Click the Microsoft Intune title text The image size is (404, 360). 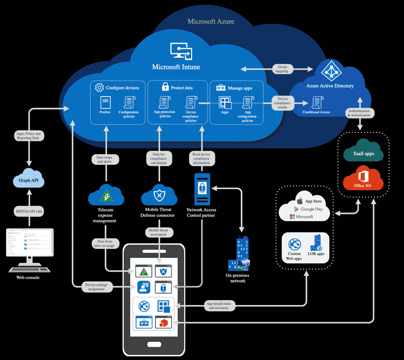pyautogui.click(x=176, y=67)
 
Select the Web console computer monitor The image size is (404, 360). pyautogui.click(x=29, y=243)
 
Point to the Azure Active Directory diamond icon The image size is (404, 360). pyautogui.click(x=330, y=71)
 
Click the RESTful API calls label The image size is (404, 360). pyautogui.click(x=29, y=211)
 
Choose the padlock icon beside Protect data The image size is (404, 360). pyautogui.click(x=165, y=87)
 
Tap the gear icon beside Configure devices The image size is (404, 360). pyautogui.click(x=100, y=88)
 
